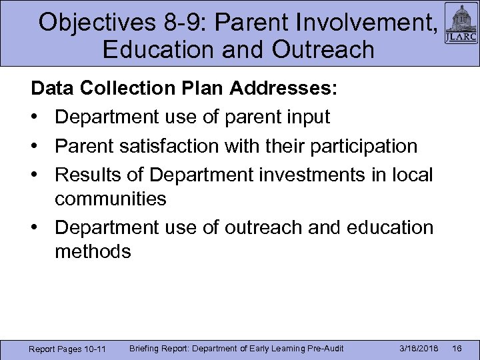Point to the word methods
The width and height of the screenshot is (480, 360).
pos(93,251)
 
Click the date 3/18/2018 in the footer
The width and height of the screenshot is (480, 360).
pos(419,349)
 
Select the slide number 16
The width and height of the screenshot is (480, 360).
pos(458,349)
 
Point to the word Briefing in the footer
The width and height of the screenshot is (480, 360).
pos(146,348)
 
